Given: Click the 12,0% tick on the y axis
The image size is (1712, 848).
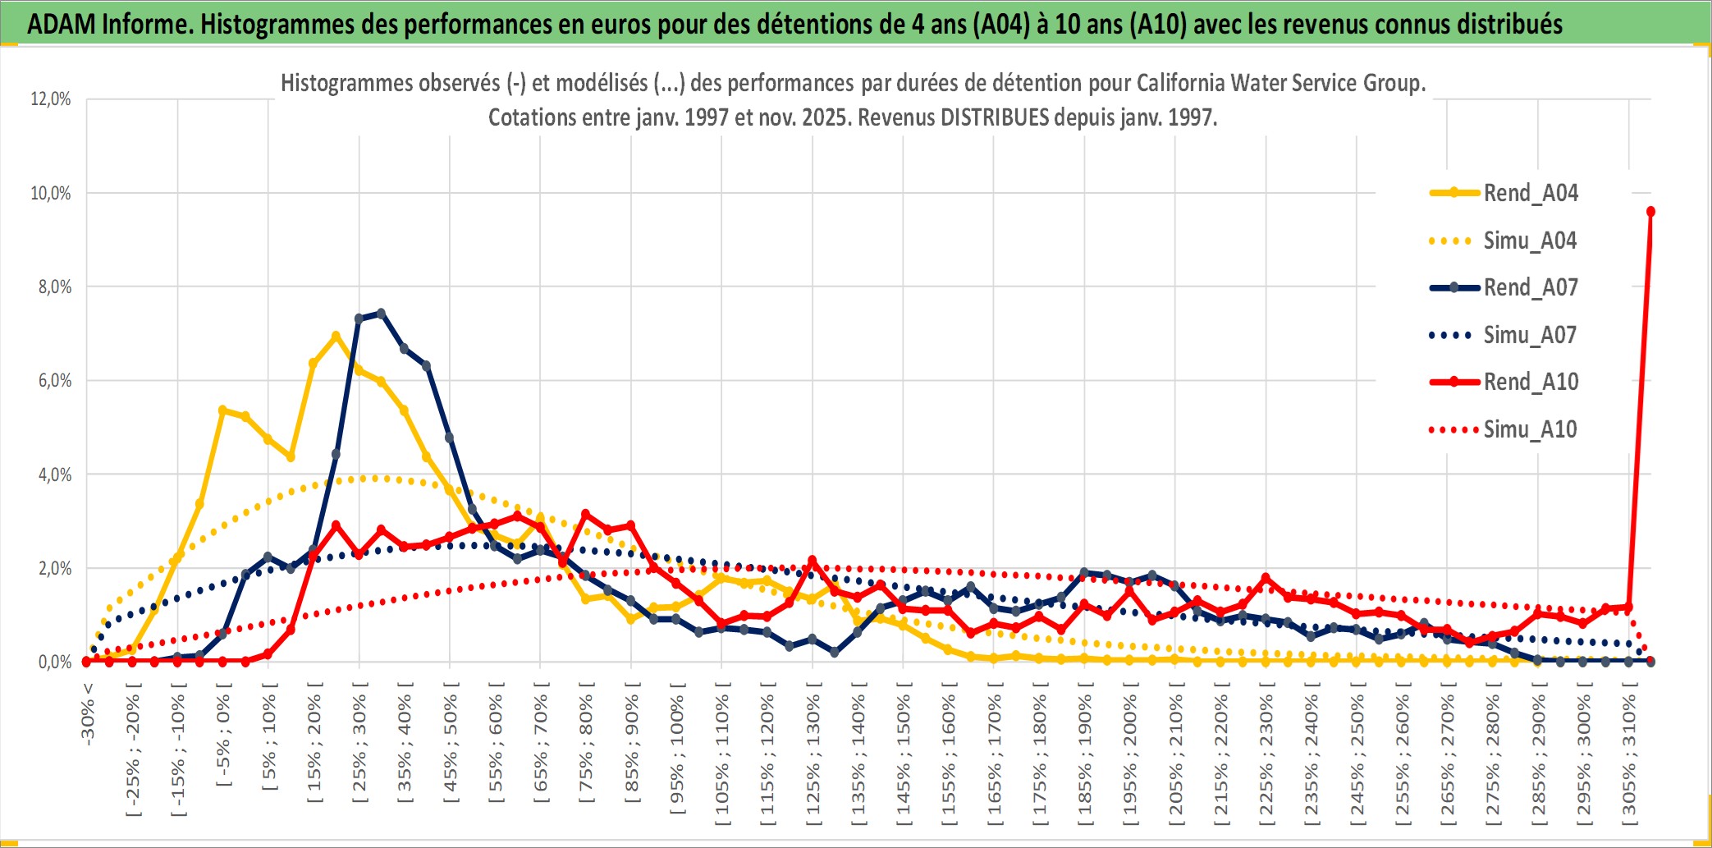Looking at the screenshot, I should pyautogui.click(x=51, y=99).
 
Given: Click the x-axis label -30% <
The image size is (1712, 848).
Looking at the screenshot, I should pyautogui.click(x=88, y=714).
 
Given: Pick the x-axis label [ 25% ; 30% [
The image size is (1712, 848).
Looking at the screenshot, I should pyautogui.click(x=359, y=747).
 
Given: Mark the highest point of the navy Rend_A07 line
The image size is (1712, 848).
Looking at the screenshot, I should pyautogui.click(x=381, y=314).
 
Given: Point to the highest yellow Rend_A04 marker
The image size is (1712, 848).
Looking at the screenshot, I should pyautogui.click(x=336, y=336).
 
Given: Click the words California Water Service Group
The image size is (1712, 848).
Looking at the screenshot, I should pyautogui.click(x=1280, y=83).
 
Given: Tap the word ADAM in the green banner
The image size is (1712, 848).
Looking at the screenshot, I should pyautogui.click(x=62, y=25).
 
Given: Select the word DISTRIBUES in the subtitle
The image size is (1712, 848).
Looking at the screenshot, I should pyautogui.click(x=995, y=117).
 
